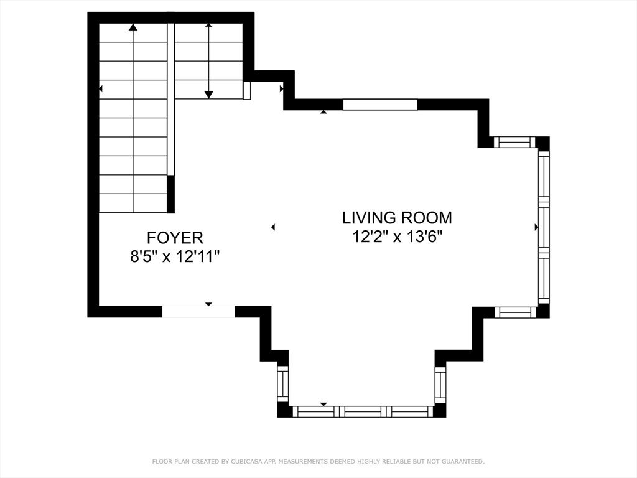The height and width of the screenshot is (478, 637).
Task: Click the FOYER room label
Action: tap(175, 237)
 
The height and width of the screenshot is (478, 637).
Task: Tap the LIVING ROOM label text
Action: tap(397, 218)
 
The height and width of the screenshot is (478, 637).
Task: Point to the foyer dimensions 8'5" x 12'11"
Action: tap(175, 256)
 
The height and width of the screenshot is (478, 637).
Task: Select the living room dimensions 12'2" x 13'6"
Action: tap(397, 237)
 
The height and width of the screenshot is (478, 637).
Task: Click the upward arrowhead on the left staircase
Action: tap(133, 27)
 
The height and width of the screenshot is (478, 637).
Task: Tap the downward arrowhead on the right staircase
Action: tap(208, 95)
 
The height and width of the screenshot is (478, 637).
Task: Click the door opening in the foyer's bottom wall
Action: tap(198, 312)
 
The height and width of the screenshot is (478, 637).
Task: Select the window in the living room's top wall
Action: tap(380, 105)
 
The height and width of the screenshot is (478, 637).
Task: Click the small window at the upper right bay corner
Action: tap(514, 142)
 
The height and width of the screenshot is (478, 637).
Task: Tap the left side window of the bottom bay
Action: tap(283, 383)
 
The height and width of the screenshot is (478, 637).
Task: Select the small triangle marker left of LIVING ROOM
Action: tap(273, 227)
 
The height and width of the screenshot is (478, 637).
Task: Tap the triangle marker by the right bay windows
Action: tap(536, 227)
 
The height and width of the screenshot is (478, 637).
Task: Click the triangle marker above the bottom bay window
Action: tap(323, 404)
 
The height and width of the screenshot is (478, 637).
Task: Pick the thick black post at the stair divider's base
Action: tap(171, 194)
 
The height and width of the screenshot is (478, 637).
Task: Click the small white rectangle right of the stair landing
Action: tap(246, 90)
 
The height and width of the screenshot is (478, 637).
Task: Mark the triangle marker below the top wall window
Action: tap(323, 111)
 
